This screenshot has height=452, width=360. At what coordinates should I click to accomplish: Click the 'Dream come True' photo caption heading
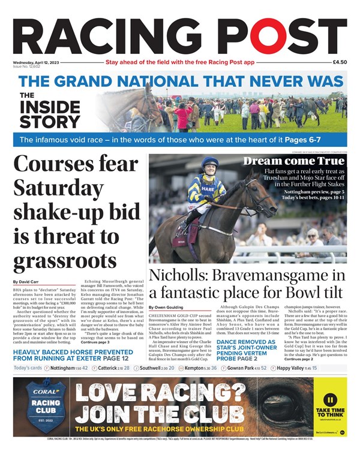point(295,161)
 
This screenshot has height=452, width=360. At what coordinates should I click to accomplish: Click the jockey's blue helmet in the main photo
point(209,162)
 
